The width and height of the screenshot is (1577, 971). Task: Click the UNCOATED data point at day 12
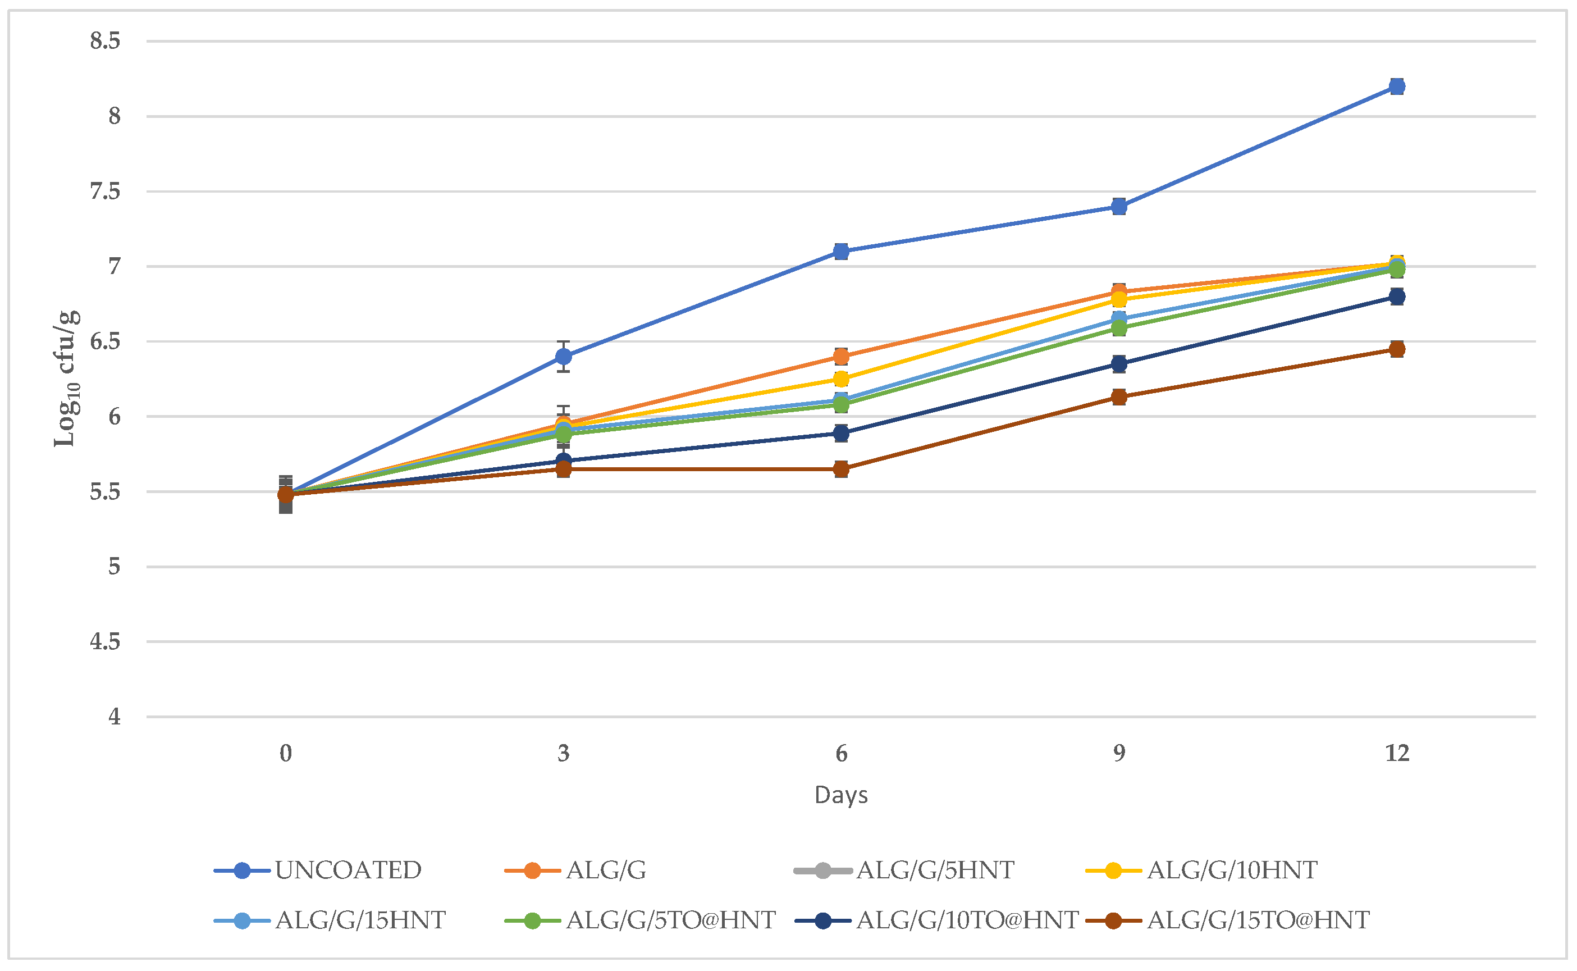1397,86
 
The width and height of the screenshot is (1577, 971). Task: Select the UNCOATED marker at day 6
842,251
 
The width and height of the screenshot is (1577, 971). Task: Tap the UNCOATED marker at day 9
1119,206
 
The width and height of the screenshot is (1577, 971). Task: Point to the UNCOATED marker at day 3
564,357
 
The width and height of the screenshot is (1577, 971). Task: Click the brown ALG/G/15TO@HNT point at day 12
1397,349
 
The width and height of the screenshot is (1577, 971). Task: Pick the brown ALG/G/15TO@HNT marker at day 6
842,469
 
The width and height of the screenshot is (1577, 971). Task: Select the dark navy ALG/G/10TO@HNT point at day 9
1119,364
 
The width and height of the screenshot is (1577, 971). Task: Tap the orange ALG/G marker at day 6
842,357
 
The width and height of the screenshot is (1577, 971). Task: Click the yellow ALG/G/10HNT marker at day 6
842,379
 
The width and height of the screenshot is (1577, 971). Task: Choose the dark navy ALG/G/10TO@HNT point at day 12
1397,297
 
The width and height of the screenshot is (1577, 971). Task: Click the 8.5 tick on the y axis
105,41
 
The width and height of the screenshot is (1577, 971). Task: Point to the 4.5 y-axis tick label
105,641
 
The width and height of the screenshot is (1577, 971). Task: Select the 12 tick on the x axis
1397,753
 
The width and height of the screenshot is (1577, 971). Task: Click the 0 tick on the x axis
286,753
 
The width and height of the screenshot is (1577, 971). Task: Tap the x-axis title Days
841,795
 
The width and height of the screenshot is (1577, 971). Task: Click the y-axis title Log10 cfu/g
67,379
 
